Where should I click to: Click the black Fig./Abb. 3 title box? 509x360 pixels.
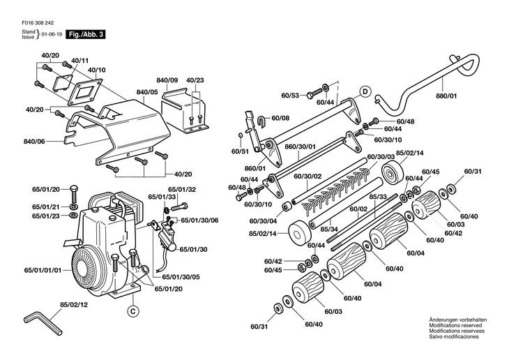(85, 34)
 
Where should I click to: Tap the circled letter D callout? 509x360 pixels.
(365, 92)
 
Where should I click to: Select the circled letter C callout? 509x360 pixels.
(132, 311)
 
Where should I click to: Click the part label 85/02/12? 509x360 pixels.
(74, 305)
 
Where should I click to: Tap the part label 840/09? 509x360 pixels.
(167, 80)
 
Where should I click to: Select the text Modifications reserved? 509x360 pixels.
(455, 325)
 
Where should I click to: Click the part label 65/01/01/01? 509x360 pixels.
(43, 270)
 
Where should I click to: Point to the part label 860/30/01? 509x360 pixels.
(300, 147)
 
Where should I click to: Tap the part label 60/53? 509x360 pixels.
(290, 96)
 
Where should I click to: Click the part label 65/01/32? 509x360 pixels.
(182, 190)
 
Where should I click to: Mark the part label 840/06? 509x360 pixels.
(34, 142)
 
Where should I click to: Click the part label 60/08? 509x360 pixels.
(280, 118)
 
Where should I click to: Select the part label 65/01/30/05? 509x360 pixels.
(181, 277)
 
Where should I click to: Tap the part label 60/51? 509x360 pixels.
(240, 151)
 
